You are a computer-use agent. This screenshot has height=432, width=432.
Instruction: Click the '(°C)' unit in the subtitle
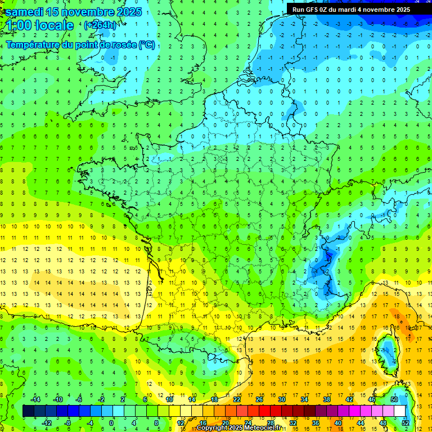[x=146, y=45]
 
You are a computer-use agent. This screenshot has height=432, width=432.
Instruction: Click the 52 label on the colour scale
[x=406, y=422]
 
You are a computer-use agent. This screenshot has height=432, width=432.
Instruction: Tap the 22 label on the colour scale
[x=237, y=399]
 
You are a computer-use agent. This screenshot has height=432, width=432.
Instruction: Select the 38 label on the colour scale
[x=327, y=399]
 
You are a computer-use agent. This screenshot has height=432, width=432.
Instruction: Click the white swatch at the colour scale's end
[x=400, y=411]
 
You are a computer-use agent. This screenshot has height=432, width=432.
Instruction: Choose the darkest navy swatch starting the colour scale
[x=29, y=411]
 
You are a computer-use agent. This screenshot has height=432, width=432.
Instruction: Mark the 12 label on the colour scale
[x=181, y=422]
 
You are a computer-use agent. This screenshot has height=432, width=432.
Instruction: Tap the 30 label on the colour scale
[x=282, y=399]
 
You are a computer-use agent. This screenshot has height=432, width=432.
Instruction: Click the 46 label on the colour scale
[x=372, y=399]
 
